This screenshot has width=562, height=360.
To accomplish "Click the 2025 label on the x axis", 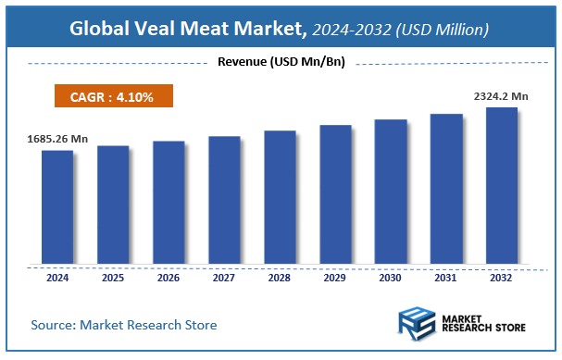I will pyautogui.click(x=113, y=277).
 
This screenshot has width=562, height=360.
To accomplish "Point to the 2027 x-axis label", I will pyautogui.click(x=224, y=277).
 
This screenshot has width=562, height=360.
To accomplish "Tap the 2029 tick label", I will pyautogui.click(x=335, y=277).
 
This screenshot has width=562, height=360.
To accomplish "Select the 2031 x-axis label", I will pyautogui.click(x=446, y=277).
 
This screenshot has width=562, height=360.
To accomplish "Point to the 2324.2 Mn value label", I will pyautogui.click(x=501, y=95).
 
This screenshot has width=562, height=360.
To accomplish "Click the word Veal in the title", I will pyautogui.click(x=154, y=29).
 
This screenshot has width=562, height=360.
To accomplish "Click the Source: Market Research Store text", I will pyautogui.click(x=124, y=325).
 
